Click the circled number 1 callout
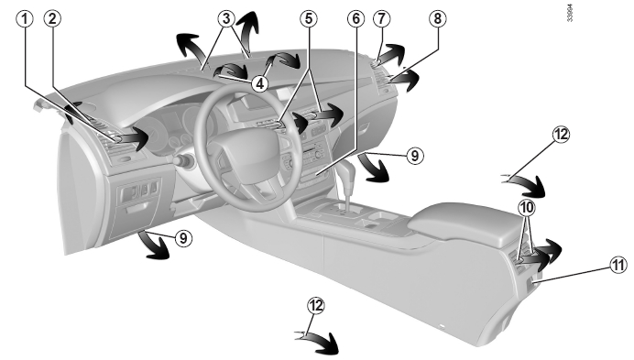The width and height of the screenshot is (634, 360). (x=25, y=18)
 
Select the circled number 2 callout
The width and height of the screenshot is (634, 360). (x=52, y=18)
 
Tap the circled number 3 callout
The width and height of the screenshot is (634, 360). (x=226, y=18)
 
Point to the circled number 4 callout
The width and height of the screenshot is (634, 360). (x=259, y=83)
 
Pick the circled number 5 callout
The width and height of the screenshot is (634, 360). (x=309, y=18)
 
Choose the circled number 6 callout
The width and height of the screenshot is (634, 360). (x=355, y=18)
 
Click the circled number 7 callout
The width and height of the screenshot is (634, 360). (x=382, y=18)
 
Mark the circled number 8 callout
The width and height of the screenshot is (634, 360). (x=438, y=18)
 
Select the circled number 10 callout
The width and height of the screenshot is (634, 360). (x=527, y=208)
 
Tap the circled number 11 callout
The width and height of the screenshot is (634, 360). (x=618, y=266)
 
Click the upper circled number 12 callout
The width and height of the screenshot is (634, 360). (x=561, y=135)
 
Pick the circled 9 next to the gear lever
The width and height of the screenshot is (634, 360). (x=415, y=156)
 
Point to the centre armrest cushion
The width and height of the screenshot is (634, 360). (x=465, y=222)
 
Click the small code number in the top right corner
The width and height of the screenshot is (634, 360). (x=570, y=13)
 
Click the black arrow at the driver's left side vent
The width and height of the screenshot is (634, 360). (x=130, y=138)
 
